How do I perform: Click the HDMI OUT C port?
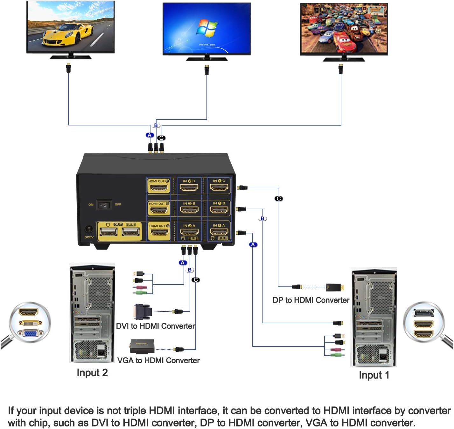[x=158, y=187]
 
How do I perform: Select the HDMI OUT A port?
[x=158, y=232]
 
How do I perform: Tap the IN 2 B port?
[x=189, y=209]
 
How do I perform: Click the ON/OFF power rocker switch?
[x=104, y=205]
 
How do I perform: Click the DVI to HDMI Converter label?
[x=155, y=326]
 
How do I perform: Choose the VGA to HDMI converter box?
[x=142, y=346]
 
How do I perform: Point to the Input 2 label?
[x=92, y=373]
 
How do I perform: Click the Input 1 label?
[x=374, y=375]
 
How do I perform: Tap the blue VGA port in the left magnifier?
[x=30, y=334]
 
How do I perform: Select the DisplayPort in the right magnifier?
[x=423, y=313]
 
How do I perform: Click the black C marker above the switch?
[x=162, y=138]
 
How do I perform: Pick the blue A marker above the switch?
[x=150, y=135]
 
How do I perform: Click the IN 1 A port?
[x=219, y=232]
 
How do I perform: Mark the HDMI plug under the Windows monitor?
[x=207, y=70]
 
